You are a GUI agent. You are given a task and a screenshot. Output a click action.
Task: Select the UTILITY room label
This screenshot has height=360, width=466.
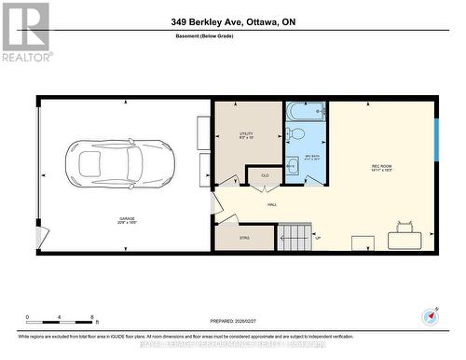pos(246,136)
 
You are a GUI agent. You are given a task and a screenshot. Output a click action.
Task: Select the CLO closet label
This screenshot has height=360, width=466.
pos(265,176)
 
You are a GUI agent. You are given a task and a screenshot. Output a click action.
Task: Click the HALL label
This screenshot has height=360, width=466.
pos(272,203)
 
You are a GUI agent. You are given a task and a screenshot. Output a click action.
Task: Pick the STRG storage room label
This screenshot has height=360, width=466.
pos(244,239)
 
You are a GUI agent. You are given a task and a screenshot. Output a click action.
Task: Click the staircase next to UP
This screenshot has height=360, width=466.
pos(296,237)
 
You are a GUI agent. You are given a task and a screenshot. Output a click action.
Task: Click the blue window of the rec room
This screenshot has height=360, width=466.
pos(436,140)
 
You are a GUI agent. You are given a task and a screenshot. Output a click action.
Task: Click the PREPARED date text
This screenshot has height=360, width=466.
pos(232,320)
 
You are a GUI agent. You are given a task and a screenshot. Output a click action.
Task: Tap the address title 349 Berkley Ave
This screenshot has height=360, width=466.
pos(233,21)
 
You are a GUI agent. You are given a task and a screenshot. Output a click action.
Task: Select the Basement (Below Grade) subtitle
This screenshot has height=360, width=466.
pos(232,37)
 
